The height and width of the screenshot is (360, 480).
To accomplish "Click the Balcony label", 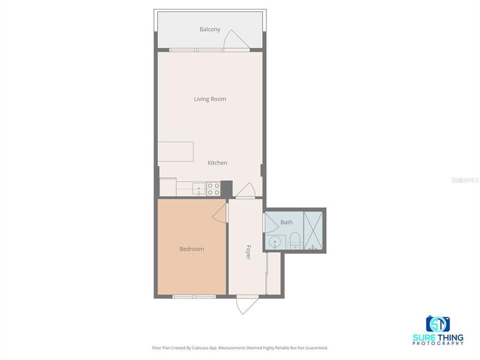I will coord(210,29).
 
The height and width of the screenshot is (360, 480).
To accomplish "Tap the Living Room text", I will coord(210,99).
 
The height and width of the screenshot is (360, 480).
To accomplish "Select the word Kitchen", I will coord(217,163).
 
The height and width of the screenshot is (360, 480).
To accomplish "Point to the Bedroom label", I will coord(192,249).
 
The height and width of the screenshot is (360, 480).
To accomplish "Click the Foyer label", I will coord(247,251).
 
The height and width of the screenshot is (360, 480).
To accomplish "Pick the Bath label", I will coord(286,222).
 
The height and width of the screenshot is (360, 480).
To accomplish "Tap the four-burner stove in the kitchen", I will coord(213,188).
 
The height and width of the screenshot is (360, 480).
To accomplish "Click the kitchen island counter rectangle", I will coord(176,151).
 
